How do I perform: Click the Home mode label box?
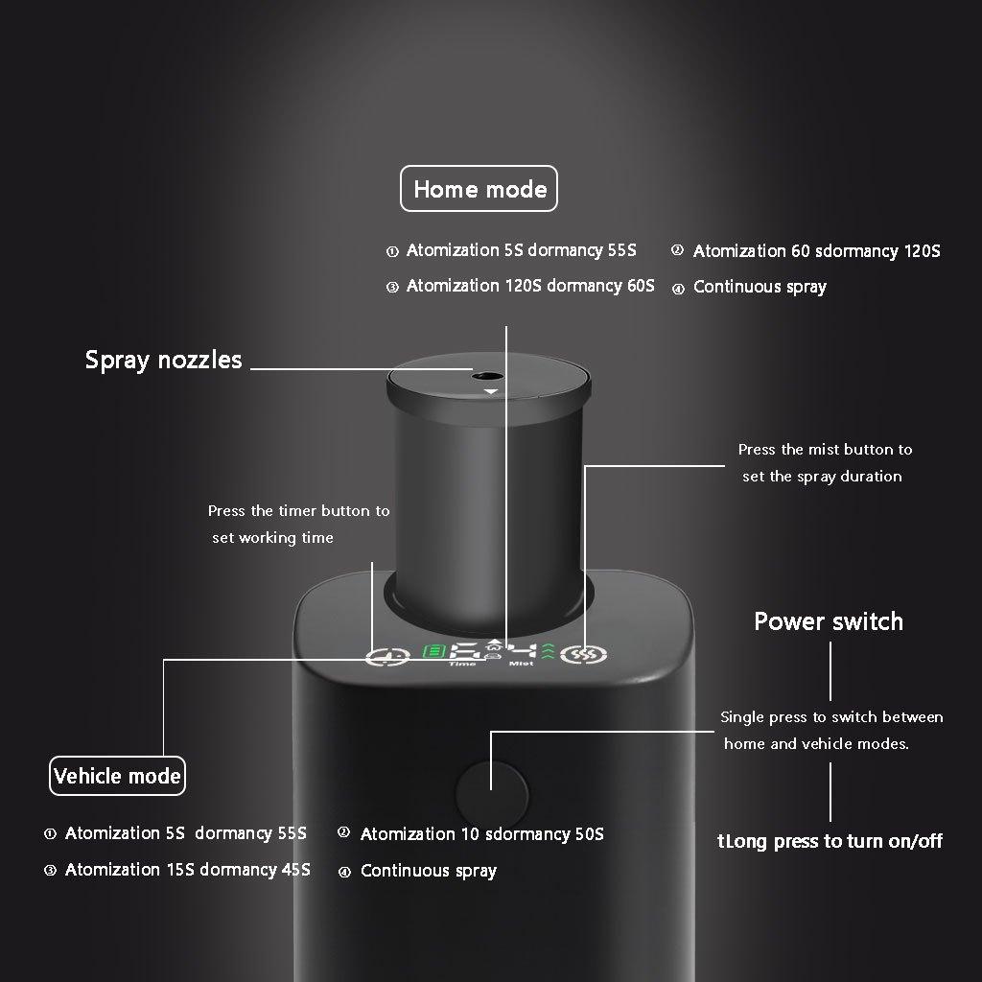coord(479,189)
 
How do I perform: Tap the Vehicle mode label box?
coord(117,776)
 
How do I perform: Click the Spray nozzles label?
coord(164,361)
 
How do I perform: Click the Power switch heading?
coord(829,621)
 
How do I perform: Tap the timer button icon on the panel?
coord(382,658)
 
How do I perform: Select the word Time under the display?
coord(462,664)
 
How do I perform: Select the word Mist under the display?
coord(522,664)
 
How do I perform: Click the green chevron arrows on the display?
coord(548,652)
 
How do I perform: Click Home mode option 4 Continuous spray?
coord(759,287)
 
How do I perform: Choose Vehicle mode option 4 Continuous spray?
coord(428,872)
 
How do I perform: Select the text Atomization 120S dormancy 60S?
coord(530,286)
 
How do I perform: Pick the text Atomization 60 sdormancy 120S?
coord(816,251)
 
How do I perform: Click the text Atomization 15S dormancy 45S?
coord(187,870)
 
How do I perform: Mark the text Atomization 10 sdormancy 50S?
coord(481,834)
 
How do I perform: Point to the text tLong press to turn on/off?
coord(830,842)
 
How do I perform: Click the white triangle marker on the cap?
coord(491,392)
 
